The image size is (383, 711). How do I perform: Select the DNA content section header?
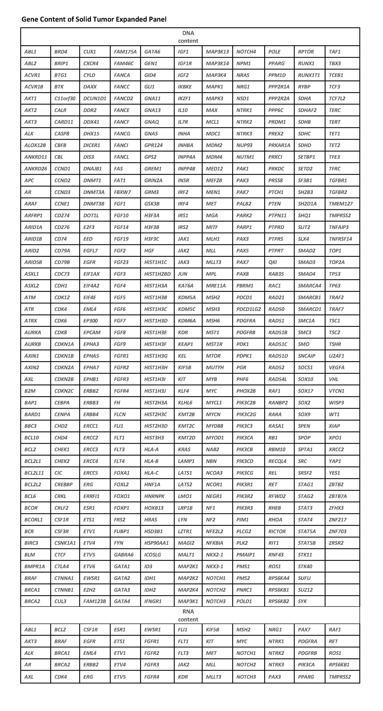[188, 37]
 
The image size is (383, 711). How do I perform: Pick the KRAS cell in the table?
[184, 449]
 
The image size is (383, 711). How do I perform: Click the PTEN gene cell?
[274, 204]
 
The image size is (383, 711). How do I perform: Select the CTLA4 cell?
[62, 566]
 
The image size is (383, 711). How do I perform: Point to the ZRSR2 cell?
[336, 543]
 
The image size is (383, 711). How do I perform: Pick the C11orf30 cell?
[65, 98]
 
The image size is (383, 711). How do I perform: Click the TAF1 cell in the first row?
[334, 52]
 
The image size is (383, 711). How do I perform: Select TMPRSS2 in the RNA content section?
[340, 677]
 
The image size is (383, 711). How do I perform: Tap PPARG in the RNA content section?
[306, 677]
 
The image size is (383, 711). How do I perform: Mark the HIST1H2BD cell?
[157, 274]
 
